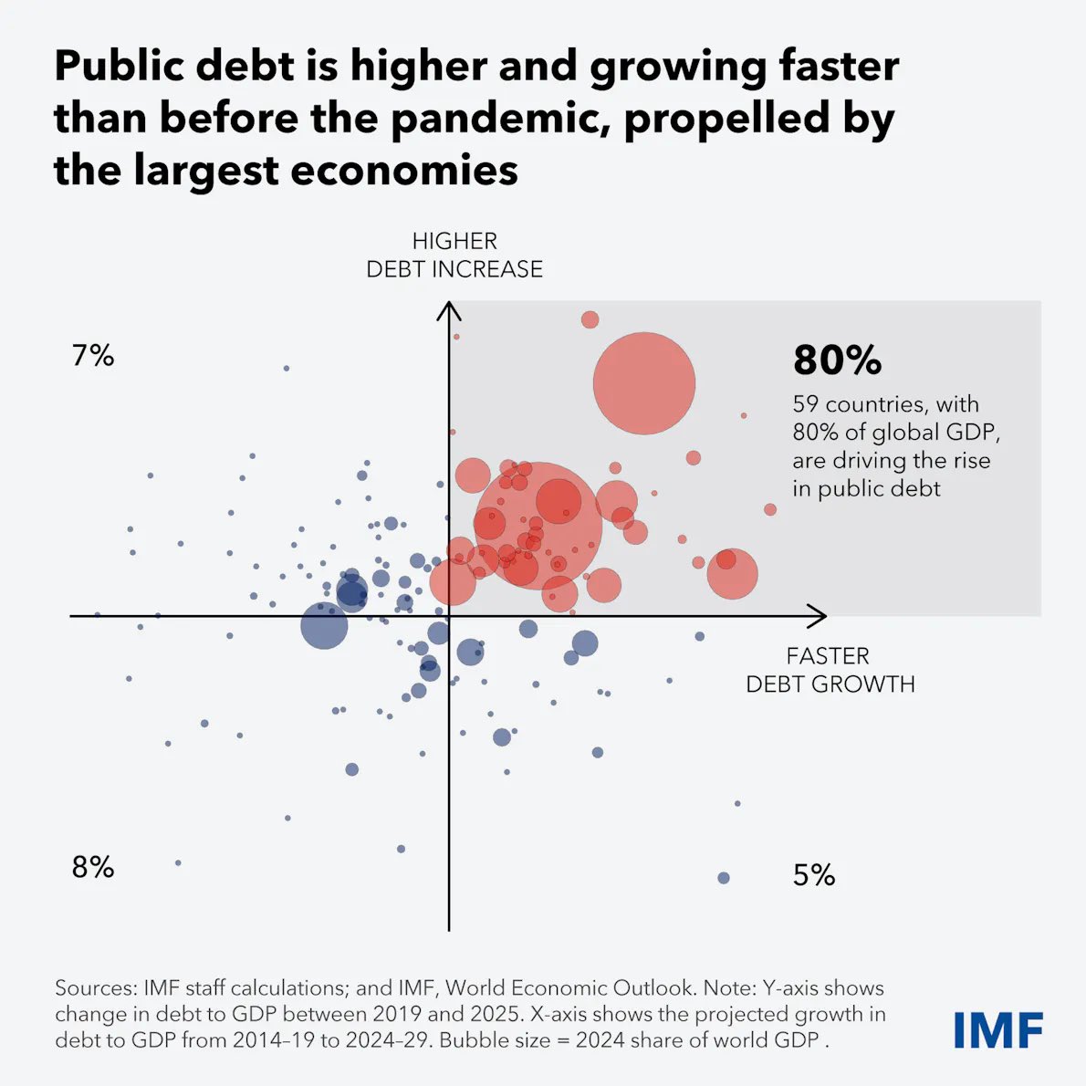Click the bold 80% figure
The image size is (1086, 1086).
point(837,360)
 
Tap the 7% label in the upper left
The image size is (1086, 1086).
point(93,355)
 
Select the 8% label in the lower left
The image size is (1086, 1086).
point(93,867)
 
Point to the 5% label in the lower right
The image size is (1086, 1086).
point(814,875)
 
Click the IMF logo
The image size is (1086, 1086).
point(997,1030)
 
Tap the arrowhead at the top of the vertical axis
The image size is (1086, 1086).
point(449,309)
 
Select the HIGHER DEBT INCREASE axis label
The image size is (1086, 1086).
point(454,255)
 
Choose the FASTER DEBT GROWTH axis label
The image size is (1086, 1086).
point(830,670)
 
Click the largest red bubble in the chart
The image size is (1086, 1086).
point(538,525)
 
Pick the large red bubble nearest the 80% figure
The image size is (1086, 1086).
point(644,383)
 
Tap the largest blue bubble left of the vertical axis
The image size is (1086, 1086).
point(324,626)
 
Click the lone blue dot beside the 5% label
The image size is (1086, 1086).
point(724,878)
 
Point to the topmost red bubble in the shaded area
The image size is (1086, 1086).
point(590,319)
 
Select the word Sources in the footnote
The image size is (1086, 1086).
point(94,987)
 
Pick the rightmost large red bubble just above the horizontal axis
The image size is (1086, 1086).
point(732,574)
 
